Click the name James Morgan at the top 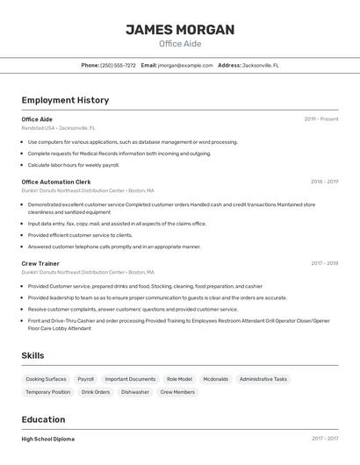coord(180,30)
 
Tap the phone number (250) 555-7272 coord(118,65)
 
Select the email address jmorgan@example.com coord(185,65)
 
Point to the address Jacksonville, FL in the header coord(261,65)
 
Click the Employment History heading coord(65,100)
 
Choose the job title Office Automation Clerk coord(56,182)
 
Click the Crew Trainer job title coord(40,263)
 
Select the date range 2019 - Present coord(321,119)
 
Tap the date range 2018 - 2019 coord(324,182)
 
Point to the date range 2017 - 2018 coord(324,263)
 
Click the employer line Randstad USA coord(54,128)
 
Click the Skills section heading coord(32,355)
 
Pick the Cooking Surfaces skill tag coord(46,379)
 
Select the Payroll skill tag coord(85,379)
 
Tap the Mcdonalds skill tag coord(215,379)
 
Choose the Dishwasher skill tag coord(135,392)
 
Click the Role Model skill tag coord(179,379)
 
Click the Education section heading coord(43,419)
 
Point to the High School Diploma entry coord(48,439)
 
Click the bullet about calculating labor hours coord(74,165)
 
